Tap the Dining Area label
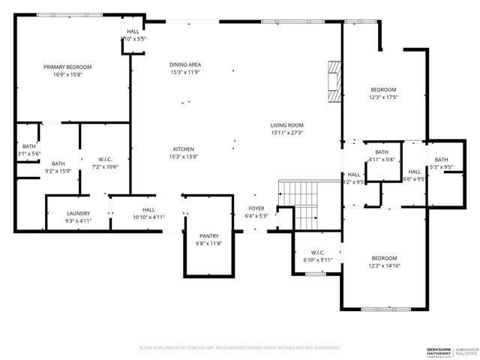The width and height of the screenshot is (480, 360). (185, 64)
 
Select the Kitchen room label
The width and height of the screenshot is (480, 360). (184, 148)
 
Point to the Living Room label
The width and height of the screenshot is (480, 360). (287, 125)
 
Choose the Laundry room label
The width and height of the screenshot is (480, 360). (79, 213)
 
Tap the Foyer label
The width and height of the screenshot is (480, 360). (256, 208)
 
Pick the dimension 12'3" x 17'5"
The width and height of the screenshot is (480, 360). (383, 97)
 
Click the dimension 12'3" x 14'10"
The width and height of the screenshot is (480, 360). (383, 265)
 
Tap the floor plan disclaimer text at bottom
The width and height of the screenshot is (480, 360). (240, 348)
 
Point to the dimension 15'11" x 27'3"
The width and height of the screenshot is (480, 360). (287, 133)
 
